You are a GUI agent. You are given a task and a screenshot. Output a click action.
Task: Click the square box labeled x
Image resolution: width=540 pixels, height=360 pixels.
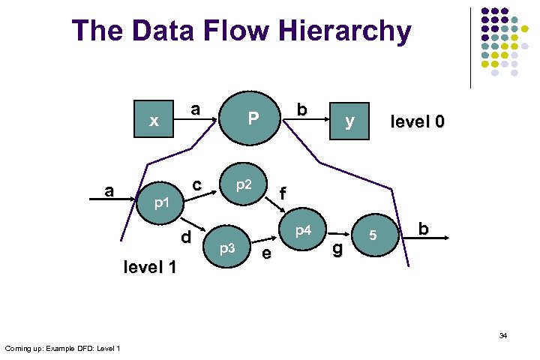[154, 120]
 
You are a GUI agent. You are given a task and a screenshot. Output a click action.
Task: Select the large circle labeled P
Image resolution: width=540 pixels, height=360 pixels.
[253, 118]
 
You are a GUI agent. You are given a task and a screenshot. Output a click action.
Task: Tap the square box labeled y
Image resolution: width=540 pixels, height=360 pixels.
[349, 120]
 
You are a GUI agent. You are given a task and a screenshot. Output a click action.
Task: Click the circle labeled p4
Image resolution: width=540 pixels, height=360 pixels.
[303, 229]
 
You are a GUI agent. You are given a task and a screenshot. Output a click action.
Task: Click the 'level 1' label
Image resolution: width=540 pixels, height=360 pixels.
[150, 266]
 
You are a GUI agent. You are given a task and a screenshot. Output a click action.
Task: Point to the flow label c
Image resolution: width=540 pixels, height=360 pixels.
[196, 184]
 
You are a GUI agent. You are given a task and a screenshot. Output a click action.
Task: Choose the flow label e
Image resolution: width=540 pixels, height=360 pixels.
[265, 255]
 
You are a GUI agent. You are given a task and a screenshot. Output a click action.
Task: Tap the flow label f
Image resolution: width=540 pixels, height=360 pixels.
[283, 194]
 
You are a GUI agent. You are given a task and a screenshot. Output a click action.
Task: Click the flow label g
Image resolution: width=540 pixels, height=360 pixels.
[337, 247]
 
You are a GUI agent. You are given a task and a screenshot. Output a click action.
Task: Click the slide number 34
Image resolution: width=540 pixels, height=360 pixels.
[503, 335]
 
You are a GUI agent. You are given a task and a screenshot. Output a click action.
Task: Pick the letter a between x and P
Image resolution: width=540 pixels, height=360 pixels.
[195, 109]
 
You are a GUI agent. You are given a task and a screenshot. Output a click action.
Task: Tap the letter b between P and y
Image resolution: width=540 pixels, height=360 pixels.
[301, 109]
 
